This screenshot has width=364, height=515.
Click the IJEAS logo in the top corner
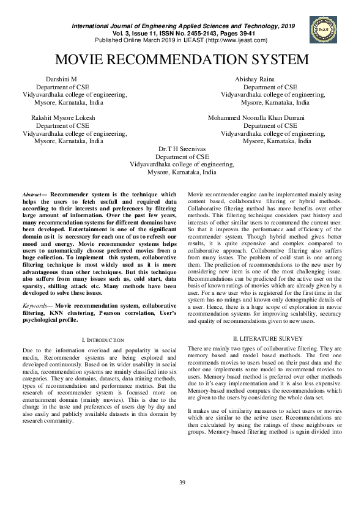click(x=324, y=28)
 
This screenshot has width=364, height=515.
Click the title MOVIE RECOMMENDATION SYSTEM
click(x=182, y=60)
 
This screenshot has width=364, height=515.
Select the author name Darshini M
click(x=62, y=80)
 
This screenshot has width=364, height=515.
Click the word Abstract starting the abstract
click(x=31, y=193)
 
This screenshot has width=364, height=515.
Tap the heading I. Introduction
click(x=103, y=339)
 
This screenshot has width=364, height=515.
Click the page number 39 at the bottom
click(x=182, y=484)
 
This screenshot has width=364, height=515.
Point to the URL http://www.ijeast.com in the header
click(x=237, y=40)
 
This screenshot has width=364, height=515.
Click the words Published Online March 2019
click(x=133, y=40)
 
